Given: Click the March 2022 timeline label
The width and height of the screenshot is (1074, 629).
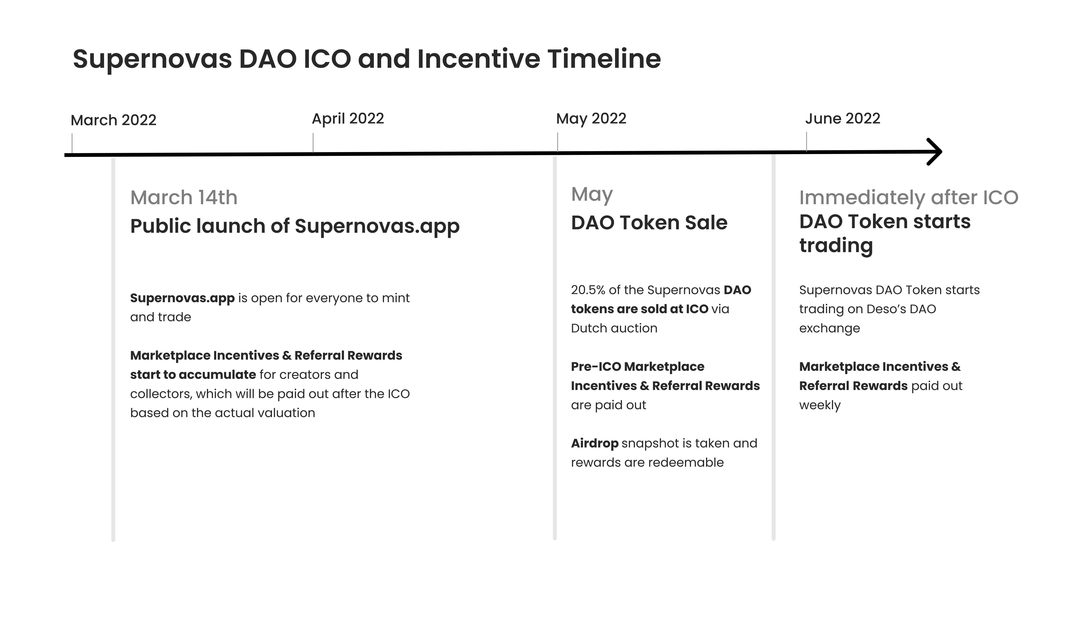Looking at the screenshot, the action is (113, 120).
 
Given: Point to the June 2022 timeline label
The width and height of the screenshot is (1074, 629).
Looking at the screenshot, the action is (843, 118).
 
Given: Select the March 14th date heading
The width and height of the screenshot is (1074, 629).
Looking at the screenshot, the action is (184, 198).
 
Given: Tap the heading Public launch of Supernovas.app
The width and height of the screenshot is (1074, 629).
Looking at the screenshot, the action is (295, 226).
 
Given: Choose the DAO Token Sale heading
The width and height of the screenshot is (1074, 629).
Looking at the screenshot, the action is (649, 223).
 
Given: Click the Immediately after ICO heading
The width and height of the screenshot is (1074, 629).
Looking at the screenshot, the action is (909, 198).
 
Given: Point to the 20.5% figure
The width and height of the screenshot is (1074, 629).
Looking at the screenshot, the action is (588, 290).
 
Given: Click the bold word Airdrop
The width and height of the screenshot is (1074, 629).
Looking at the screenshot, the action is (595, 443).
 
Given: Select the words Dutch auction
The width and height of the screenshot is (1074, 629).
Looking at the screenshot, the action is (614, 328).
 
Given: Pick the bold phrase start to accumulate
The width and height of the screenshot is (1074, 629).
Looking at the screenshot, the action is (193, 375).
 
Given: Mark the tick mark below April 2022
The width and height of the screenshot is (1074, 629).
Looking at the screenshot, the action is (313, 143).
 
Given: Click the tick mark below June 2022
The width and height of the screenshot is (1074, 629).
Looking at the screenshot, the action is (806, 141).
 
